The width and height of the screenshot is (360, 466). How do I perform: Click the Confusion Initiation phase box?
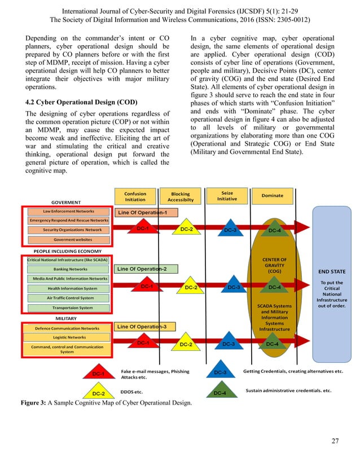click(135, 196)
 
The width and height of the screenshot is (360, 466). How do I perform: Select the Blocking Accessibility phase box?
click(180, 196)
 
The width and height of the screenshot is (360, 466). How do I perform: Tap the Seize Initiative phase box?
click(227, 196)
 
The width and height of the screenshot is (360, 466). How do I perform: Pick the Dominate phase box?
click(273, 196)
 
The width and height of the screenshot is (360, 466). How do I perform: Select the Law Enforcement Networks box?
click(69, 211)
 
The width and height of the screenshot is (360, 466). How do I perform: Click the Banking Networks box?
click(69, 269)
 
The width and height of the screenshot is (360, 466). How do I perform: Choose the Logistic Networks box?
click(68, 337)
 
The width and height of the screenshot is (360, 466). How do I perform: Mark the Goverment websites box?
click(69, 240)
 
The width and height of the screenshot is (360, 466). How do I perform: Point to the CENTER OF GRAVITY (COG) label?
click(275, 265)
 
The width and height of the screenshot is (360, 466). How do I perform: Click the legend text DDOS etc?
click(132, 390)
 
